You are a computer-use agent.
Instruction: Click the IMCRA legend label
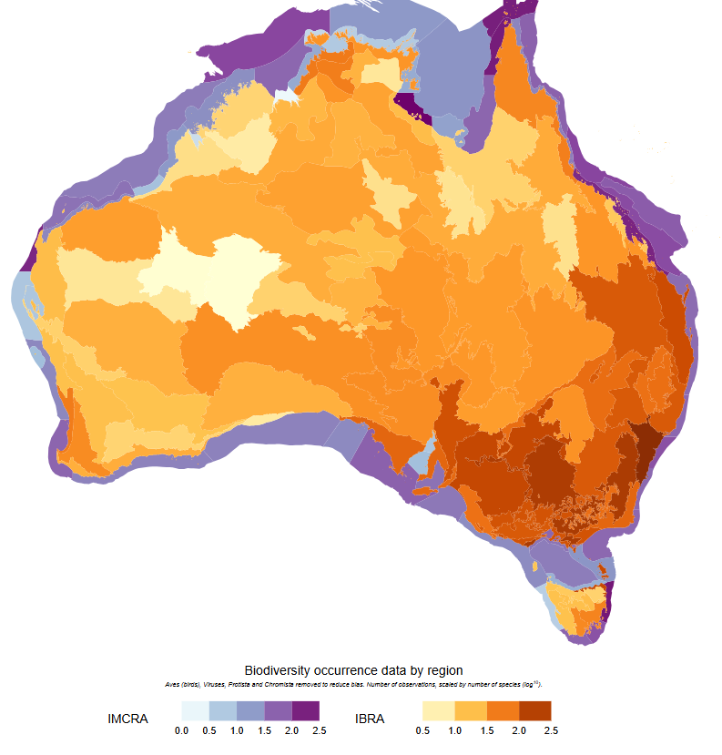pos(127,719)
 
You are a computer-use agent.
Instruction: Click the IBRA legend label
pos(370,719)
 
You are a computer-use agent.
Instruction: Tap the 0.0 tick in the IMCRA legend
pos(181,729)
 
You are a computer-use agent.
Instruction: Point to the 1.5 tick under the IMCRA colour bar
pos(264,729)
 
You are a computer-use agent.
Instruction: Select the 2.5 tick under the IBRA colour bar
pos(551,729)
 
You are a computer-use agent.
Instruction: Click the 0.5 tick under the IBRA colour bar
pos(423,729)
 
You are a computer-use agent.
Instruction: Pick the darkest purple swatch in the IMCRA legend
pos(305,710)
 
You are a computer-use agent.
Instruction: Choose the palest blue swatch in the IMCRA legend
pos(195,710)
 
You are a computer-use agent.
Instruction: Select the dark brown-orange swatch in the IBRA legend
pos(534,710)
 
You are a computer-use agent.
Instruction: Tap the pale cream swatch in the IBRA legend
pos(439,710)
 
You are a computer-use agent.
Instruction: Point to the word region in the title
pos(443,670)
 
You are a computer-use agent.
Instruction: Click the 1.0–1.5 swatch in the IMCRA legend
pos(250,710)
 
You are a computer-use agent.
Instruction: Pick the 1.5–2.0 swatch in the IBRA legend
pos(503,710)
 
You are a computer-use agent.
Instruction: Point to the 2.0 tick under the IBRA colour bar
pos(519,729)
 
